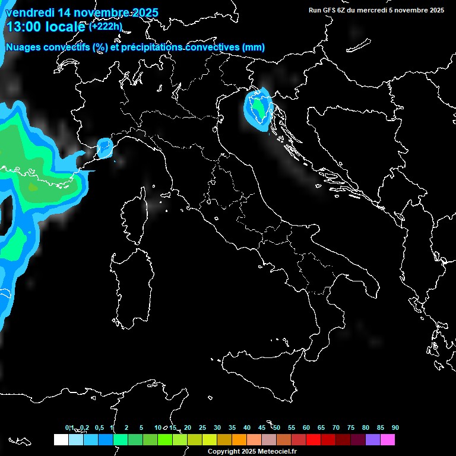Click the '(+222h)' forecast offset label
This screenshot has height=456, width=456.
coord(106,27)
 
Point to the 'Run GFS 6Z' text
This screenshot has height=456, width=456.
coord(330,10)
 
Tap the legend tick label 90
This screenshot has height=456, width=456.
coord(395,427)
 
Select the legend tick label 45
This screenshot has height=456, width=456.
coord(262,427)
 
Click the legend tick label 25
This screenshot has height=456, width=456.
coord(202,427)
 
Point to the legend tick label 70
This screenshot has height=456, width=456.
coord(336,427)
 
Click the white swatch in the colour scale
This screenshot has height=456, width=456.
coord(61,439)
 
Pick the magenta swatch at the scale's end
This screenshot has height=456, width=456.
coord(387,439)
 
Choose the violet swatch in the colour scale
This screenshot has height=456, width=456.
coord(372,439)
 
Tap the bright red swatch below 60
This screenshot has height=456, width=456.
coord(313,439)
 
